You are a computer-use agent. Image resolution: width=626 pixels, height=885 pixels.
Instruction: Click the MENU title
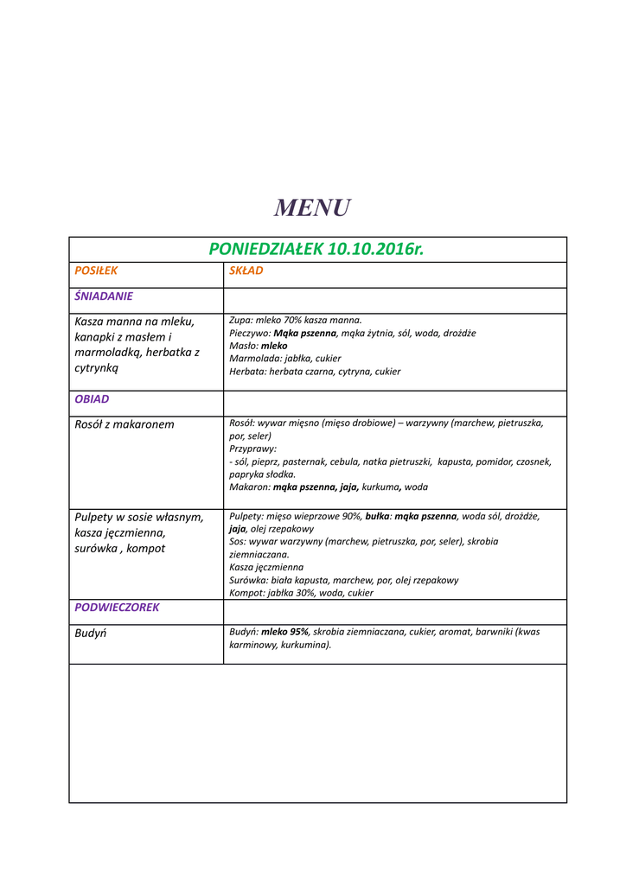pyautogui.click(x=312, y=208)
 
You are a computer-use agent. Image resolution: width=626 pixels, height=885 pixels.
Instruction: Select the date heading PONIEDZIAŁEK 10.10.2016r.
pyautogui.click(x=316, y=250)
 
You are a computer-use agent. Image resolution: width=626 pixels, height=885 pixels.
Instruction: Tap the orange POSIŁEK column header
pyautogui.click(x=96, y=271)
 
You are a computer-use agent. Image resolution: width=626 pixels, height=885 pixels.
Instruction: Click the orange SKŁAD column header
pyautogui.click(x=246, y=271)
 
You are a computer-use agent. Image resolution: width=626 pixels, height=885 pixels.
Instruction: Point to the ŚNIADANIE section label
pyautogui.click(x=104, y=296)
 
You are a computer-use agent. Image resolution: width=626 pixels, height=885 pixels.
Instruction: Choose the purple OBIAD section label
pyautogui.click(x=92, y=400)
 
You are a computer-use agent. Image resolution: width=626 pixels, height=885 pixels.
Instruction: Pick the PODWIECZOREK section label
pyautogui.click(x=117, y=608)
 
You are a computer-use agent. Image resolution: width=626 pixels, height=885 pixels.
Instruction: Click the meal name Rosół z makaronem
pyautogui.click(x=125, y=424)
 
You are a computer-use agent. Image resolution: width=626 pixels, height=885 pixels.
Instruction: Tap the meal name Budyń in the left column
pyautogui.click(x=91, y=633)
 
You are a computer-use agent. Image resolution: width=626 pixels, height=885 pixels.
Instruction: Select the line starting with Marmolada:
pyautogui.click(x=285, y=359)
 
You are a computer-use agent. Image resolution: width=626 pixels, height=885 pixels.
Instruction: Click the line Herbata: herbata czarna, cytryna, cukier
pyautogui.click(x=315, y=372)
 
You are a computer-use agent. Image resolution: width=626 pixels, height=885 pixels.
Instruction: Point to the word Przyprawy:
pyautogui.click(x=253, y=449)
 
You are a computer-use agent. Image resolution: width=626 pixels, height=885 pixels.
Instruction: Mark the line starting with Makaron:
pyautogui.click(x=329, y=487)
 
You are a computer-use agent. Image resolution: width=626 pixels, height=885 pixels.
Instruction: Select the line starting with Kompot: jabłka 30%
pyautogui.click(x=301, y=594)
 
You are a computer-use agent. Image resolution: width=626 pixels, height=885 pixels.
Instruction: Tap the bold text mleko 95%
pyautogui.click(x=285, y=632)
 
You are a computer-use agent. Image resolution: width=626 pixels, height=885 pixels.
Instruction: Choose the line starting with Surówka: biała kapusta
pyautogui.click(x=344, y=581)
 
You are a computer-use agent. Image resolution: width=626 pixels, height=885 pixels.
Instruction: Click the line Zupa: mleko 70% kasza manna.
pyautogui.click(x=296, y=320)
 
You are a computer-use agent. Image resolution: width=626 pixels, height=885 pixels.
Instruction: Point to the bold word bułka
pyautogui.click(x=378, y=516)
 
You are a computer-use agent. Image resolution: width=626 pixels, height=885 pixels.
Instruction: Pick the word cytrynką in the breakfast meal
pyautogui.click(x=97, y=367)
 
